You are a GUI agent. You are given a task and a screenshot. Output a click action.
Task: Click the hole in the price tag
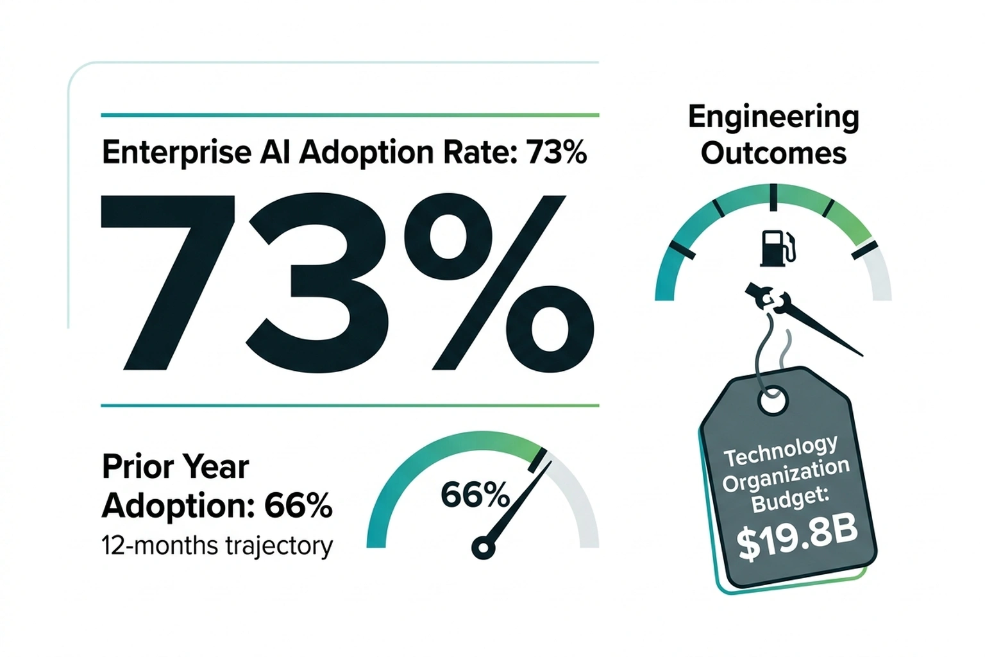coord(772,401)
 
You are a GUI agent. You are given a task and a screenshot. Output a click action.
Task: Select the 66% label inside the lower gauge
coord(475,495)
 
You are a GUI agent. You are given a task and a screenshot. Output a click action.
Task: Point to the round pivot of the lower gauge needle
coord(483,549)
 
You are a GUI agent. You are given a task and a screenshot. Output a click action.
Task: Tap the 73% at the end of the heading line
coord(555,153)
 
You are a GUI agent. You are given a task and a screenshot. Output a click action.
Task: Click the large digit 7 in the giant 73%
coord(168,282)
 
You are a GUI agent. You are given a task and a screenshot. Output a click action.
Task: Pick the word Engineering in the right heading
coord(773,117)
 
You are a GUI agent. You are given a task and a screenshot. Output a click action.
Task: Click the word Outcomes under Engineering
coord(773,154)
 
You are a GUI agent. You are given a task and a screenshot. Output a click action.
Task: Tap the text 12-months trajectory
coord(217,546)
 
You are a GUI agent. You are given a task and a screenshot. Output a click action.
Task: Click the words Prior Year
coord(175,466)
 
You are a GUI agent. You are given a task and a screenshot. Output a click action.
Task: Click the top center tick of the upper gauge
coord(773,197)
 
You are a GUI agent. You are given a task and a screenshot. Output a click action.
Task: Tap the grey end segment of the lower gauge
coord(580,507)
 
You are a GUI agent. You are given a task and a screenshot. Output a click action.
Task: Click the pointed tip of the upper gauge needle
coord(861,354)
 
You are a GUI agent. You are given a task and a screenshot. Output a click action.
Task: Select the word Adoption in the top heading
coord(366,153)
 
